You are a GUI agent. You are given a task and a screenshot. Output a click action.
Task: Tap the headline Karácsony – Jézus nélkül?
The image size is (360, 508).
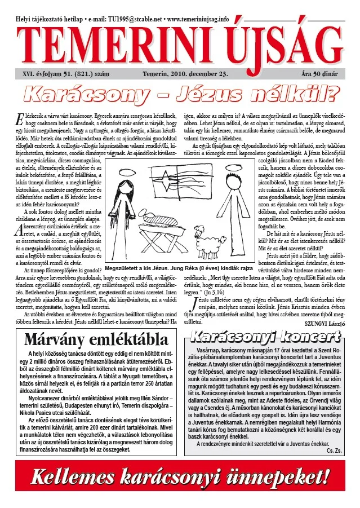180,91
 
